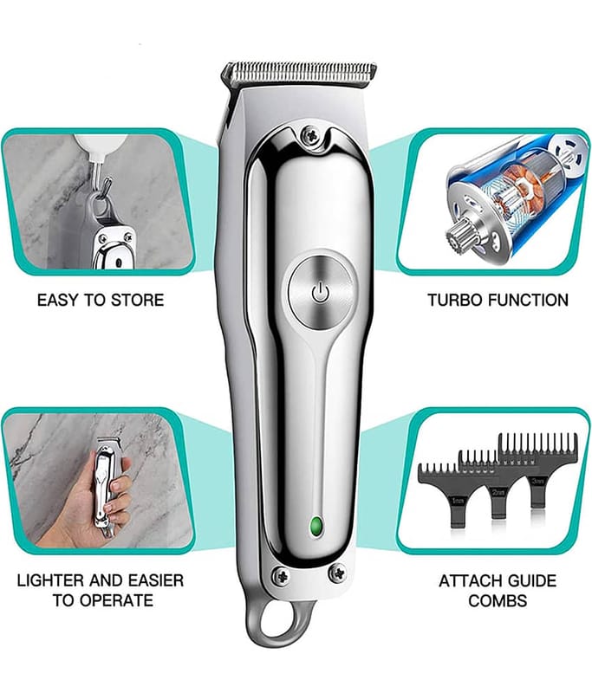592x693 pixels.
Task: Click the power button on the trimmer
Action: [x=320, y=292]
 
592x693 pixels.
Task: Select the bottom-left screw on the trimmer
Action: [x=281, y=574]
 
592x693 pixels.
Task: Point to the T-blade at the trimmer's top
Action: [x=299, y=72]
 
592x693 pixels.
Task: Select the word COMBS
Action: [x=498, y=600]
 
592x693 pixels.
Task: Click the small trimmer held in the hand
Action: [x=105, y=485]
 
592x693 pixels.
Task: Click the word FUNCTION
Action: [x=529, y=300]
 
